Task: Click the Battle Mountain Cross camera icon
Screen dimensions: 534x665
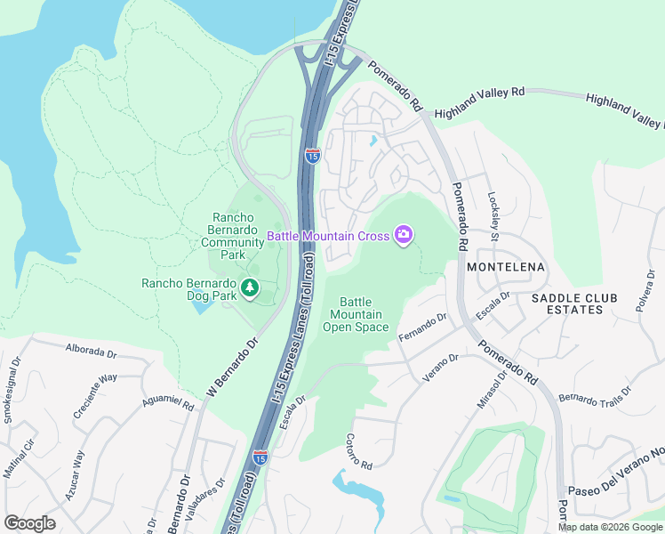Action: [x=404, y=235]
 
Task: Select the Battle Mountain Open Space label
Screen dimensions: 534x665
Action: [x=356, y=315]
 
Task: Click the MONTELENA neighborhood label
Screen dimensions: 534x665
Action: [x=505, y=267]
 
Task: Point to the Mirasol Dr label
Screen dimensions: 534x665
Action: [x=491, y=389]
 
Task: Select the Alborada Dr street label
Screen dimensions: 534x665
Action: [x=92, y=352]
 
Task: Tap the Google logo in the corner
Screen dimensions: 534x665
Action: [x=29, y=523]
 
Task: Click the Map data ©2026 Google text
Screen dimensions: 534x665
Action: [x=610, y=527]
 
